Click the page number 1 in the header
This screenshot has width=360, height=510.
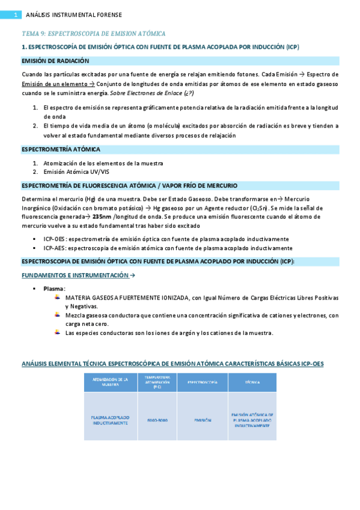pos(16,14)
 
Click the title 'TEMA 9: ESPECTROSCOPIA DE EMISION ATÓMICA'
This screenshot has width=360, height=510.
pos(93,34)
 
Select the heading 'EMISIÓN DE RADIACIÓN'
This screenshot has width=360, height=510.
pos(55,61)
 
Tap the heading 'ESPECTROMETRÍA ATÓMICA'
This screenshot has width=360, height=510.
pos(61,149)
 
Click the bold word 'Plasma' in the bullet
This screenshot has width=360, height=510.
pos(55,289)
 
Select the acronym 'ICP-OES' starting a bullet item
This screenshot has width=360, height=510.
pos(55,239)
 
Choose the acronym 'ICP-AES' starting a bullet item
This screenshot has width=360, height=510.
pos(55,248)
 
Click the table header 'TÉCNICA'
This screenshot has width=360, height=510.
pos(252,382)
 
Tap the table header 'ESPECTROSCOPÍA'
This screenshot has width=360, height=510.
pos(202,382)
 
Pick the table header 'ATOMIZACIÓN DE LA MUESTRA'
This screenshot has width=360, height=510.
pos(111,382)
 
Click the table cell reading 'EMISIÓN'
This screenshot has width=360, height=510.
pos(202,420)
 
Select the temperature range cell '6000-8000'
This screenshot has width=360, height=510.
pos(157,420)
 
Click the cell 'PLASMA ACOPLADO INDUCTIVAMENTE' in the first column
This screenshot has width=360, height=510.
pos(111,420)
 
